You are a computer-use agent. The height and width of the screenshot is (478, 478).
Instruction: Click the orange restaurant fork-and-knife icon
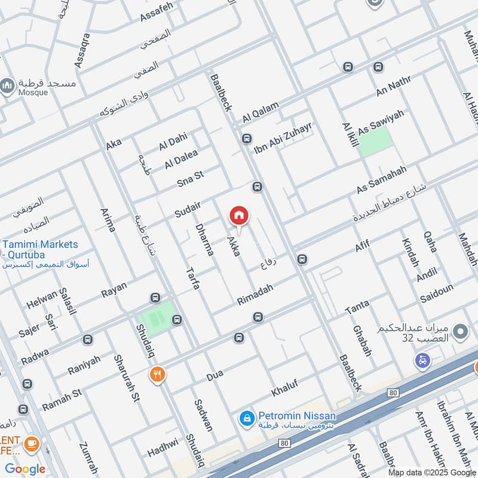click(157, 375)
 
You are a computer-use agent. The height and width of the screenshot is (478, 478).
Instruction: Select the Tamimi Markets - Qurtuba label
click(40, 250)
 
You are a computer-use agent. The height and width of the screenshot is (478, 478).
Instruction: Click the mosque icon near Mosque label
click(7, 87)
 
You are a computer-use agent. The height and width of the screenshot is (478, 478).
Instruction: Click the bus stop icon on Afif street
click(302, 259)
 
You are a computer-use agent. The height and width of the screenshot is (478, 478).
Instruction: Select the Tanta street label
click(357, 308)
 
